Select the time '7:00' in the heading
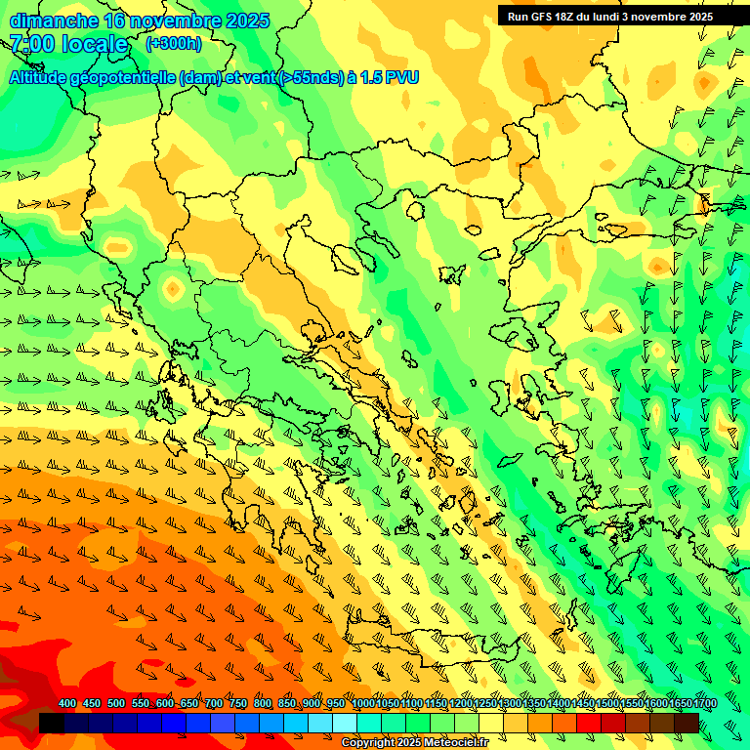[31, 44]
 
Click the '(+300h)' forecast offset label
[173, 44]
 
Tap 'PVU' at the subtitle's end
[402, 77]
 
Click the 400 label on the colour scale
[67, 704]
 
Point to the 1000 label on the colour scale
[362, 704]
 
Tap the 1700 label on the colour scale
[679, 704]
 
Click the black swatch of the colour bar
[52, 723]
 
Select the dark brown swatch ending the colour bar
[687, 723]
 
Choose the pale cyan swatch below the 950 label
[344, 723]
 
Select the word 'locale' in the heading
[95, 44]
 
